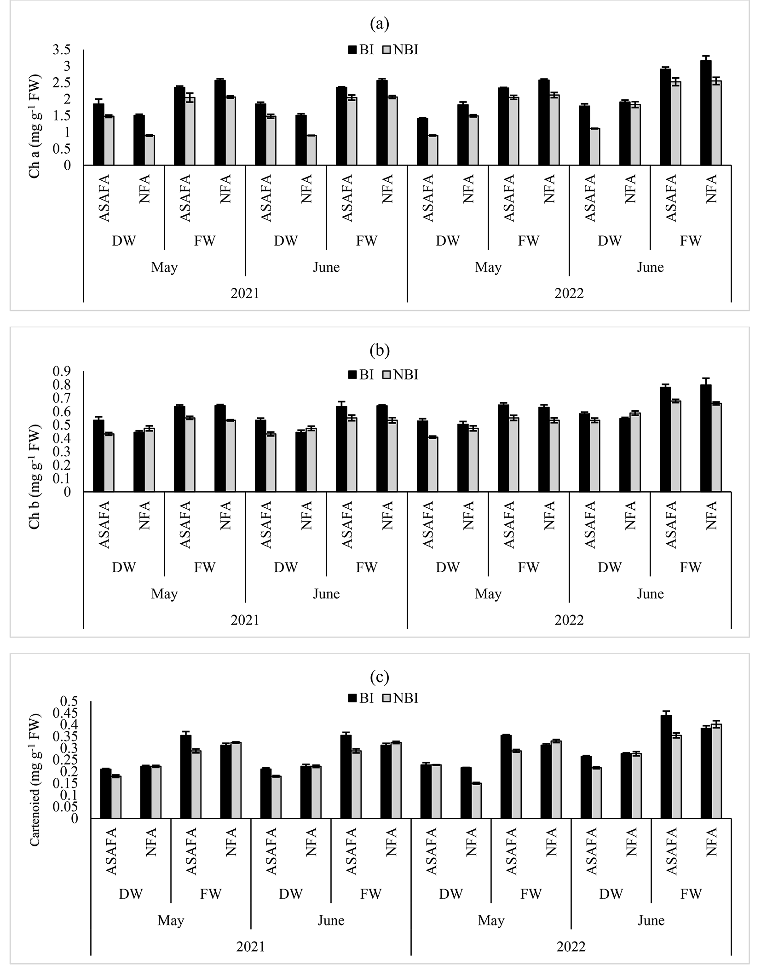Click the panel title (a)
tap(380, 24)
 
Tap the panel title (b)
tap(380, 350)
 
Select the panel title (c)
tap(380, 677)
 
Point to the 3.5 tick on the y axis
tap(62, 50)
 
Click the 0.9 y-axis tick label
tap(62, 371)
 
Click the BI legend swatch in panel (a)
tap(352, 50)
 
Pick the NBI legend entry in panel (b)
tap(400, 375)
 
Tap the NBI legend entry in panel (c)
tap(400, 698)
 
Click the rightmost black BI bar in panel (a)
tap(706, 113)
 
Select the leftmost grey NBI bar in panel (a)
tap(109, 140)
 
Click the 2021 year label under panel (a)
tap(245, 293)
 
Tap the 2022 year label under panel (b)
tap(569, 620)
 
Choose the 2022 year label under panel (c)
tap(571, 947)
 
